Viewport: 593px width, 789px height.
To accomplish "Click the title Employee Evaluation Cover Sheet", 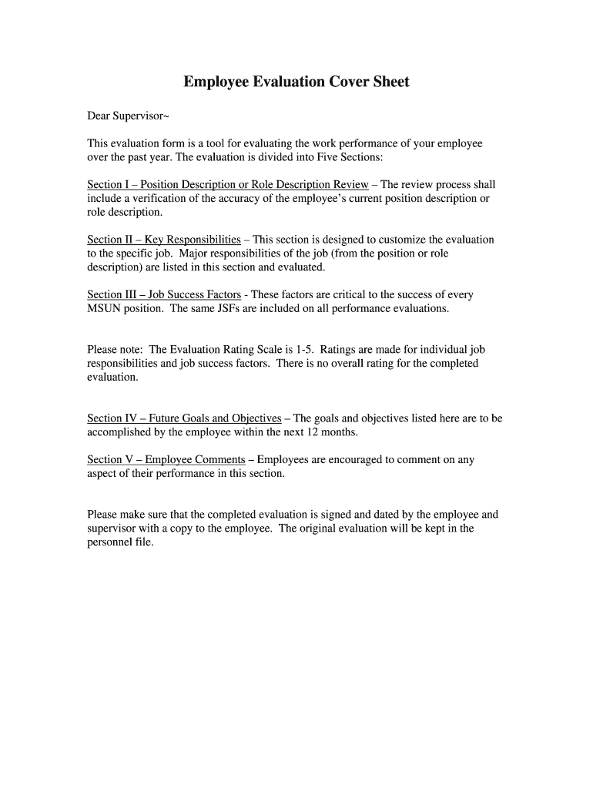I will click(296, 82).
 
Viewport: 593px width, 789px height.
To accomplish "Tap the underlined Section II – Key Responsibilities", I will click(164, 240).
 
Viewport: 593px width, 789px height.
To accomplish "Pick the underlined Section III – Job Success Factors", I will click(164, 295).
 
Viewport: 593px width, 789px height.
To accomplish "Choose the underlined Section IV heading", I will click(184, 418).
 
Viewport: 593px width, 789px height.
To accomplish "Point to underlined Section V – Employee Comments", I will click(166, 460).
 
